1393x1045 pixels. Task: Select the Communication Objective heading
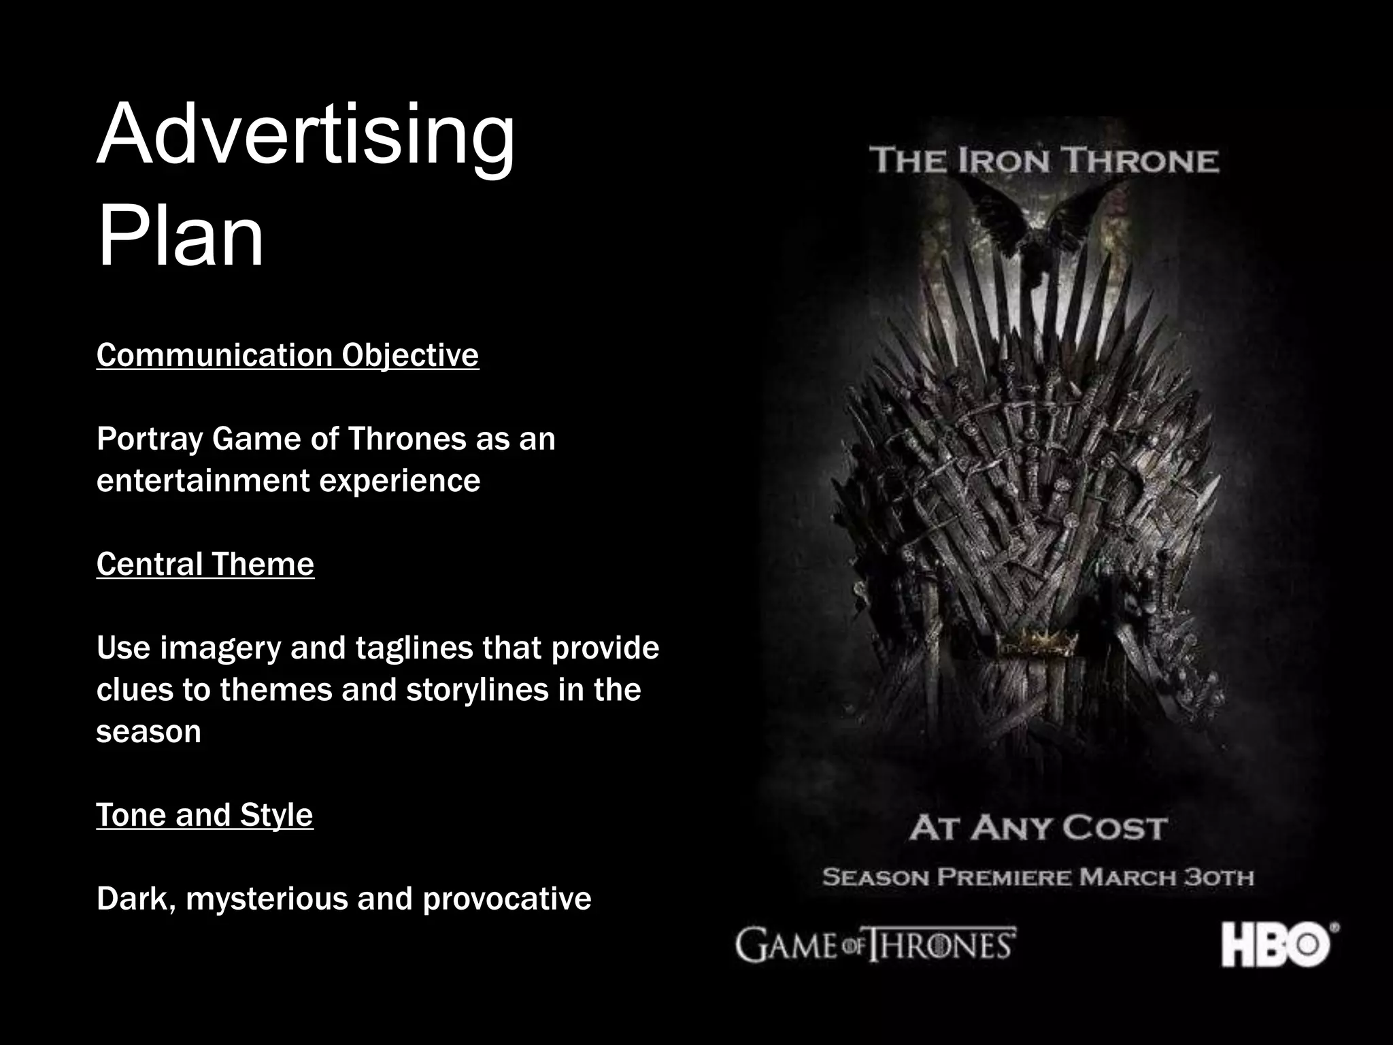point(288,355)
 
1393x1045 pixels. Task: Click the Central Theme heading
point(205,564)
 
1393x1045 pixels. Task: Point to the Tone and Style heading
point(205,814)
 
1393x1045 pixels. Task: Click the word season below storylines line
point(149,732)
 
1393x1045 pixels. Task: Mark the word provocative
point(507,899)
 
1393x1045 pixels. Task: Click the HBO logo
point(1279,944)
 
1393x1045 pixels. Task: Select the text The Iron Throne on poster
point(1044,161)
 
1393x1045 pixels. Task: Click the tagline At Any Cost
point(1039,829)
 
